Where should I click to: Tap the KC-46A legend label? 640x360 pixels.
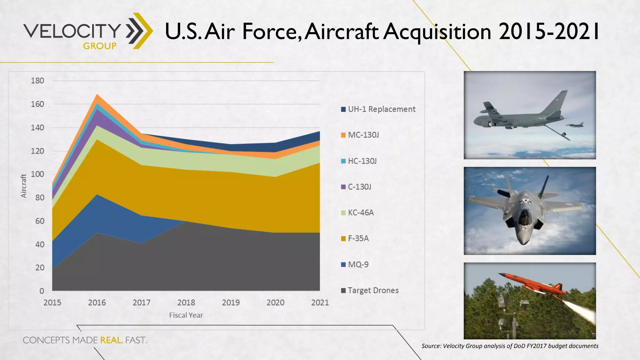click(x=361, y=213)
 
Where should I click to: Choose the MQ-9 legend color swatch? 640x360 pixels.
click(x=343, y=265)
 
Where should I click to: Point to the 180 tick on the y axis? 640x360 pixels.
click(x=37, y=81)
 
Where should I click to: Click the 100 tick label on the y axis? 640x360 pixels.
click(x=37, y=174)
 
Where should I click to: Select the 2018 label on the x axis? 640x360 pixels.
click(x=186, y=302)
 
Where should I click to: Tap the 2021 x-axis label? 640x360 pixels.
click(x=320, y=302)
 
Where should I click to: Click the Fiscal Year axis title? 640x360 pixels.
click(x=186, y=315)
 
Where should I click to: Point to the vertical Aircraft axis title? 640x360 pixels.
click(x=23, y=186)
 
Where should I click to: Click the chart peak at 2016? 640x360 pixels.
click(x=97, y=95)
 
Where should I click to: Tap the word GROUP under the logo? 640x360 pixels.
click(x=100, y=46)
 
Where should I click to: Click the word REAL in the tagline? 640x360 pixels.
click(x=111, y=340)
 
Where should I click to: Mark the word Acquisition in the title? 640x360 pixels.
click(x=437, y=31)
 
